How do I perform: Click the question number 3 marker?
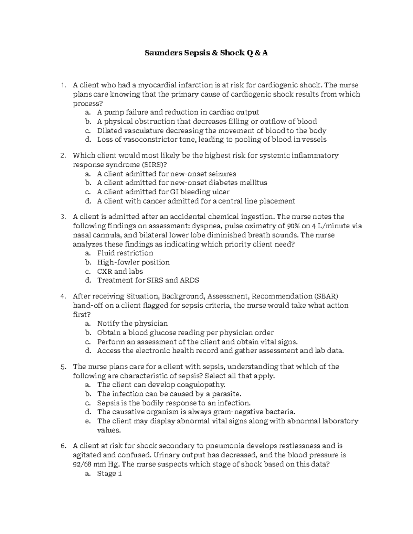[63, 217]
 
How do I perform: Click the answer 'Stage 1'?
[109, 473]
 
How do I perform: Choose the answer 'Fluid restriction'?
[125, 253]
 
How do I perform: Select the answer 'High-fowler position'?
[133, 262]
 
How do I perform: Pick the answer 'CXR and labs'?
[120, 271]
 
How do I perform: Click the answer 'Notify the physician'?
[132, 324]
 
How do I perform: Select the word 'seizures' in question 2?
[222, 174]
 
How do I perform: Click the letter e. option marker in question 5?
[88, 421]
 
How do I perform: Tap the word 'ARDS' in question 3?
[189, 280]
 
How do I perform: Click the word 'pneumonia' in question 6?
[224, 446]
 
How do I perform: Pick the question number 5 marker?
[63, 367]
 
